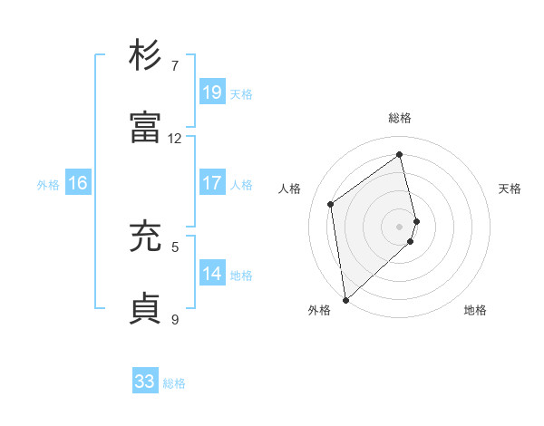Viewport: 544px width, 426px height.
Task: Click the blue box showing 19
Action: click(x=212, y=92)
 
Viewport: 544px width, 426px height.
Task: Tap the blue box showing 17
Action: click(x=212, y=183)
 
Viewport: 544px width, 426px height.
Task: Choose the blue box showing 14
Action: click(x=212, y=274)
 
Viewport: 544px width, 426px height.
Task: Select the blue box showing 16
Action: click(x=78, y=183)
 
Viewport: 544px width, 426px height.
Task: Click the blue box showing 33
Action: click(x=145, y=382)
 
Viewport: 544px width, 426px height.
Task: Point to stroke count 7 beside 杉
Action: click(x=175, y=66)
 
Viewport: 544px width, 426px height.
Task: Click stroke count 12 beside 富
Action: click(x=175, y=139)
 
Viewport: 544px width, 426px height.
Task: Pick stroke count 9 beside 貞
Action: click(x=175, y=319)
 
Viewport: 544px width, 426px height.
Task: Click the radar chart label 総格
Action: click(x=400, y=118)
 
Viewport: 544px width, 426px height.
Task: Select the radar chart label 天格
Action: click(x=510, y=189)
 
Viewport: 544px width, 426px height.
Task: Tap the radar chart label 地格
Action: click(x=475, y=311)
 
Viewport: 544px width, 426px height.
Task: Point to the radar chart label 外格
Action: click(x=319, y=311)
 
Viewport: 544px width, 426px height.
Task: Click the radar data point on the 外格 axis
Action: click(x=345, y=300)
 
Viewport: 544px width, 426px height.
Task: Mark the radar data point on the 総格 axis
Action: click(x=400, y=154)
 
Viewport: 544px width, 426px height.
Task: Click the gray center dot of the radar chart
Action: click(x=400, y=226)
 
